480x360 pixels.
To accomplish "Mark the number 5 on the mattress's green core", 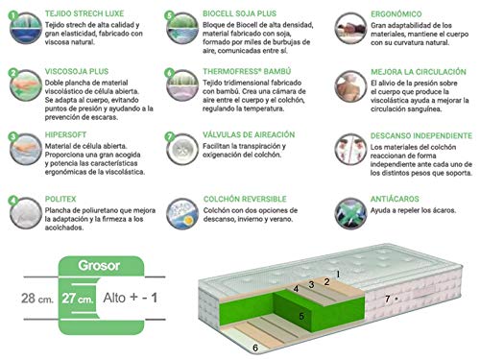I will click(x=300, y=315).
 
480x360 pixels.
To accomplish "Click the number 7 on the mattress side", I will click(x=387, y=300).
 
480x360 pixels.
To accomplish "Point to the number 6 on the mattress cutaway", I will click(x=254, y=348).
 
